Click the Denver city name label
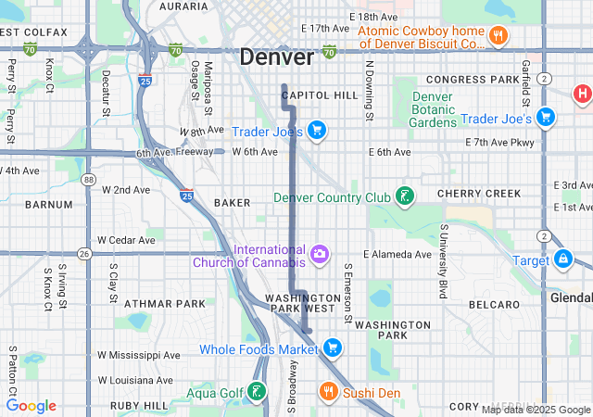point(276,57)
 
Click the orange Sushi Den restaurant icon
point(328,393)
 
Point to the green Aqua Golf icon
point(256,393)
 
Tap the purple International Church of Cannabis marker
point(320,253)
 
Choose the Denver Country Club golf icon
point(404,196)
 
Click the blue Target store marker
point(561,259)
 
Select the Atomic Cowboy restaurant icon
point(498,36)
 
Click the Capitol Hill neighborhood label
point(320,95)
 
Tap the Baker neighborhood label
point(232,201)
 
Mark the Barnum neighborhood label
point(48,204)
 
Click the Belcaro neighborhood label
point(494,304)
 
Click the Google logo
point(31,406)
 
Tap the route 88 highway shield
point(88,180)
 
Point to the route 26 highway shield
point(84,253)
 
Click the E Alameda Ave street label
point(397,254)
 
